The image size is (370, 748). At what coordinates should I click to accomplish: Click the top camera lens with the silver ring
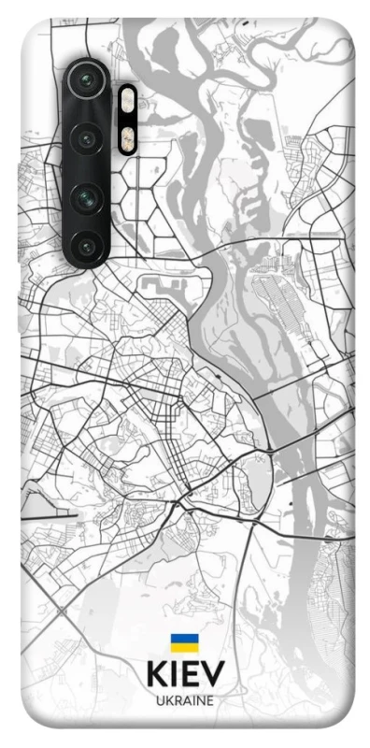[86, 79]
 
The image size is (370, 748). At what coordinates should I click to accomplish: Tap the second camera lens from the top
[87, 138]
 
